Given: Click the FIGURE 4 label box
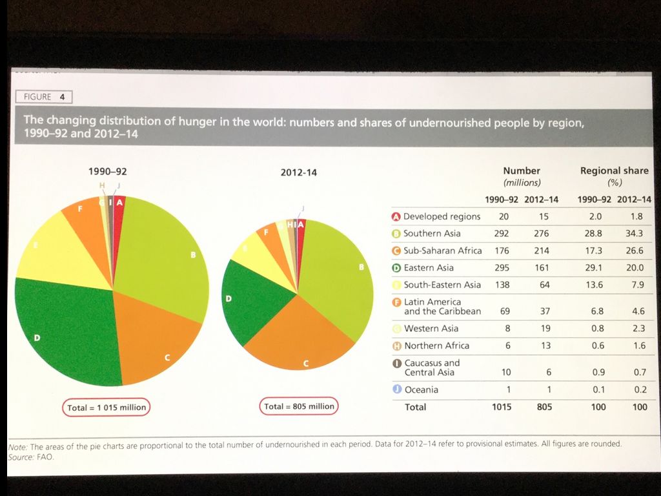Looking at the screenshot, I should pos(44,97).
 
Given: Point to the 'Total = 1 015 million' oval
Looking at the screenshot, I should pos(107,408).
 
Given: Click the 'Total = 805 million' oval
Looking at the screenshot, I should pos(300,406).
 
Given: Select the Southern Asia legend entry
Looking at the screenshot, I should pos(432,233).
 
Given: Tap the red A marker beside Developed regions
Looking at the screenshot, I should pos(397,216).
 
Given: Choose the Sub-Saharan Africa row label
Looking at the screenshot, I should pos(442,251).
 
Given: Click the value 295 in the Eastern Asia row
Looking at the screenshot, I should pos(502,267).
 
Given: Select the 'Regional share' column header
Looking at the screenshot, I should pos(614,171).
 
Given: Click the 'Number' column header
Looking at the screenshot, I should pos(521,171).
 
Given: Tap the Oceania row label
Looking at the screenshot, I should pos(421,389).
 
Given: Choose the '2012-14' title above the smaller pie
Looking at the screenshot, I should pos(299,172).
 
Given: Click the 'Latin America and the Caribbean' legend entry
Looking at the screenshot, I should pos(442,306).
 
